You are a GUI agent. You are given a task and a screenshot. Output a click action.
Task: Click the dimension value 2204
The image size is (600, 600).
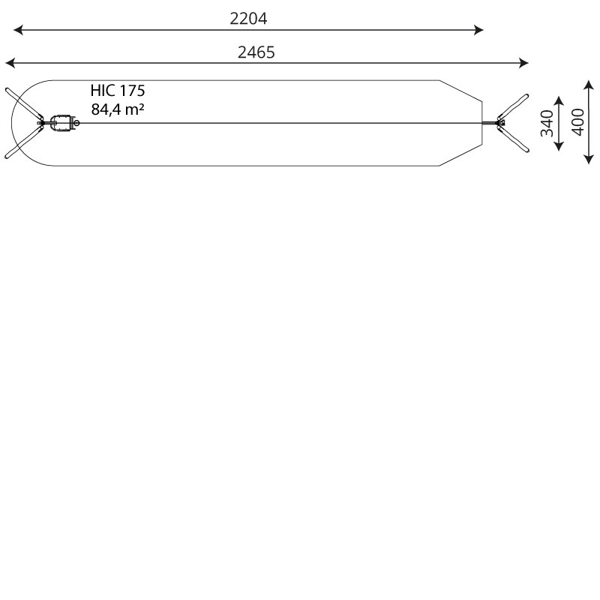pyautogui.click(x=248, y=19)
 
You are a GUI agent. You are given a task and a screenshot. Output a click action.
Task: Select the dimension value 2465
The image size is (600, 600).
pyautogui.click(x=256, y=52)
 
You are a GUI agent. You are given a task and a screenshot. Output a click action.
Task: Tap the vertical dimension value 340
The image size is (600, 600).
pyautogui.click(x=547, y=123)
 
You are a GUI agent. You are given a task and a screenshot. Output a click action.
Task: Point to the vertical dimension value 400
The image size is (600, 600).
pyautogui.click(x=578, y=122)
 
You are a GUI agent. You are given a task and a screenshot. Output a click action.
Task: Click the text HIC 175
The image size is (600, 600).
pyautogui.click(x=118, y=91)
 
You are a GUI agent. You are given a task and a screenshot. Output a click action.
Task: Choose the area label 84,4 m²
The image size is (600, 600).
pyautogui.click(x=118, y=109)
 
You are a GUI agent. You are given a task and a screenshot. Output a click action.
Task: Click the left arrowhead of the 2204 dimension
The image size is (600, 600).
pyautogui.click(x=18, y=30)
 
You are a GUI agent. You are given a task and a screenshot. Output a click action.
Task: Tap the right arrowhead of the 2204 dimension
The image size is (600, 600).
pyautogui.click(x=478, y=30)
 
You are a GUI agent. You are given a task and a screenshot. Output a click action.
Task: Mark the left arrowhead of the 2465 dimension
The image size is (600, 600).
pyautogui.click(x=10, y=63)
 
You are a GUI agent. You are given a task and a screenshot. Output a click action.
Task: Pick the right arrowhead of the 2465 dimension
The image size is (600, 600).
pyautogui.click(x=523, y=63)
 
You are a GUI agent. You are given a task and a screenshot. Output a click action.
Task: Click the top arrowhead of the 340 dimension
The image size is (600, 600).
pyautogui.click(x=559, y=100)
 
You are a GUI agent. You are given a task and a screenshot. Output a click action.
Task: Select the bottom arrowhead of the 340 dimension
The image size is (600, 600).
pyautogui.click(x=559, y=145)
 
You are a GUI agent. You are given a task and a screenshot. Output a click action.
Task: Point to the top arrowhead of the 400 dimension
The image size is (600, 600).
pyautogui.click(x=589, y=85)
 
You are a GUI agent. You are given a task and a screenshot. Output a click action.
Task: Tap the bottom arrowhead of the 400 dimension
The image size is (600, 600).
pyautogui.click(x=589, y=160)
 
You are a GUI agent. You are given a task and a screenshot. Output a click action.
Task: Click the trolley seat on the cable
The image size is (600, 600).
pyautogui.click(x=62, y=122)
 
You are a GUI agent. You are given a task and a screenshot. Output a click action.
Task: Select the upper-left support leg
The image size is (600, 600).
pyautogui.click(x=24, y=103)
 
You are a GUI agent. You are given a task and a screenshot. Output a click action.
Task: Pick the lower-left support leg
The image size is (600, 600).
pyautogui.click(x=24, y=142)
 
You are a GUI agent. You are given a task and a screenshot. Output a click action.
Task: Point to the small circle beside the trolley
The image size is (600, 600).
pyautogui.click(x=76, y=123)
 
